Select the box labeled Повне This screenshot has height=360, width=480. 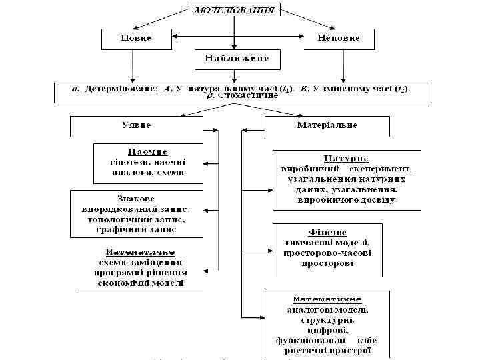[x=135, y=38]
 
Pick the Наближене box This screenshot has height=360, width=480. [x=237, y=58]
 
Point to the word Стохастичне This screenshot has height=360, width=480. [x=247, y=95]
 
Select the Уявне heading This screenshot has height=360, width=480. [x=135, y=125]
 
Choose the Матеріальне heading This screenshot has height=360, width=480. [x=327, y=125]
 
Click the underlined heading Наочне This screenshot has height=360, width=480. [x=148, y=151]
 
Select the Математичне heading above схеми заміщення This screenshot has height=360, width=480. [x=141, y=252]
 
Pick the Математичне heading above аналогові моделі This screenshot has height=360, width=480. [x=327, y=299]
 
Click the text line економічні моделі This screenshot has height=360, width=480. [x=141, y=283]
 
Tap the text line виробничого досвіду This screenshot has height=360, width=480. [x=347, y=199]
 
